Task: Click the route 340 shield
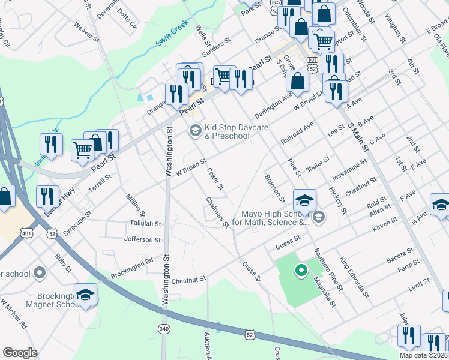pos(164,328)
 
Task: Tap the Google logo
pos(20,353)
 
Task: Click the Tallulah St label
pos(145,223)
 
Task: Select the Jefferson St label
pos(142,239)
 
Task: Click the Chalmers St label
pos(217,212)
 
